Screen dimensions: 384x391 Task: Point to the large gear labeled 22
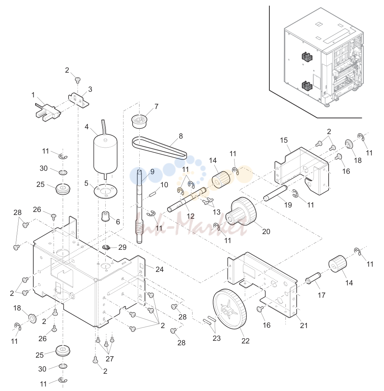(x=230, y=309)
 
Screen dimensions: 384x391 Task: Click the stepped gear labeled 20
(x=241, y=212)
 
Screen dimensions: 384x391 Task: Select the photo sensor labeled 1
(x=48, y=112)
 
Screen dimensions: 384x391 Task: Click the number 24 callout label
(x=160, y=269)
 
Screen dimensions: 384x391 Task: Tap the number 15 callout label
(x=284, y=140)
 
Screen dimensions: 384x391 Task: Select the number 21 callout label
(x=304, y=325)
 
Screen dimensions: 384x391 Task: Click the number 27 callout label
(x=109, y=359)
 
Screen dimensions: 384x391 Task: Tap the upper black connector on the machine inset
(x=308, y=57)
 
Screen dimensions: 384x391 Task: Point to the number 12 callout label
(x=190, y=216)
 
